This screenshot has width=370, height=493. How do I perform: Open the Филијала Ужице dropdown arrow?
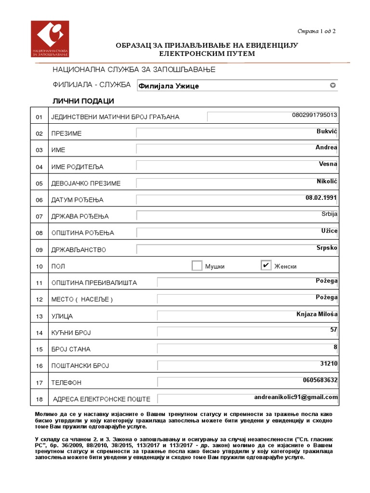pyautogui.click(x=332, y=86)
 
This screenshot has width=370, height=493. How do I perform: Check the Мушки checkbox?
pyautogui.click(x=197, y=266)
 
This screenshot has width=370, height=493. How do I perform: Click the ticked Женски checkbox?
pyautogui.click(x=266, y=265)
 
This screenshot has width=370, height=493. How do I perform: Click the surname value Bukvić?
pyautogui.click(x=327, y=131)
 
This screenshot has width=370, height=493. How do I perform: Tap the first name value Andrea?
pyautogui.click(x=326, y=147)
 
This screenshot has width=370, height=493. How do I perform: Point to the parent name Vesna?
pyautogui.click(x=328, y=164)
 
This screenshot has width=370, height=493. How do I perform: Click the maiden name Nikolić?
pyautogui.click(x=326, y=181)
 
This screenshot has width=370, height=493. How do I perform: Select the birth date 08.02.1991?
pyautogui.click(x=321, y=197)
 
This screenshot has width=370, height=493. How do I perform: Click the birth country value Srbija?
pyautogui.click(x=330, y=214)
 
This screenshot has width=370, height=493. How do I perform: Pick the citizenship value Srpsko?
pyautogui.click(x=327, y=247)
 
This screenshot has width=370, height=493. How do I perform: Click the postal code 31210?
pyautogui.click(x=329, y=363)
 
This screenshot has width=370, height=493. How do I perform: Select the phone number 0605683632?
pyautogui.click(x=320, y=380)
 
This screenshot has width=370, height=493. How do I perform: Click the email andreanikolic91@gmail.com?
pyautogui.click(x=296, y=397)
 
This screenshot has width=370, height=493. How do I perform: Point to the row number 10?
pyautogui.click(x=40, y=266)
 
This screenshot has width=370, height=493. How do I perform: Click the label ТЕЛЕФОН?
pyautogui.click(x=66, y=383)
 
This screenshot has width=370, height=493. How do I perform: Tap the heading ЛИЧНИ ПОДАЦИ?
pyautogui.click(x=83, y=101)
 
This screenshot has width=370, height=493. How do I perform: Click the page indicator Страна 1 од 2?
pyautogui.click(x=316, y=32)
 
